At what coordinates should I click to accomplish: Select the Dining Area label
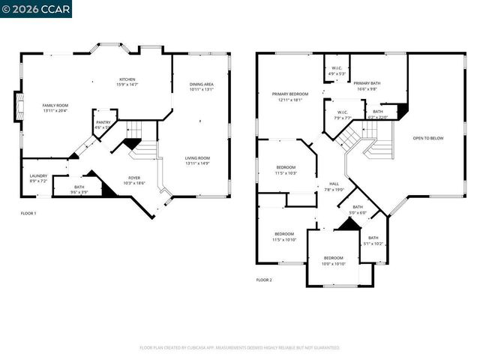pyautogui.click(x=201, y=86)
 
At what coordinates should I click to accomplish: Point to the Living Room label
pyautogui.click(x=199, y=160)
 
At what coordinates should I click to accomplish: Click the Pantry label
pyautogui.click(x=103, y=125)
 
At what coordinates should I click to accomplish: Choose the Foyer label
pyautogui.click(x=133, y=180)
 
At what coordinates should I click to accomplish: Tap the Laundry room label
pyautogui.click(x=38, y=179)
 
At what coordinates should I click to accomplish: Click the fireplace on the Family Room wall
pyautogui.click(x=17, y=107)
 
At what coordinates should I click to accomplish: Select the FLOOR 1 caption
pyautogui.click(x=28, y=214)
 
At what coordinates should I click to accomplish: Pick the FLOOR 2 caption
pyautogui.click(x=264, y=280)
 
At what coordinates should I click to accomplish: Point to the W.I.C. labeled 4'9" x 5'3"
pyautogui.click(x=337, y=71)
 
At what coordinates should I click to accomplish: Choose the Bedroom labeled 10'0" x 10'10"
pyautogui.click(x=333, y=260)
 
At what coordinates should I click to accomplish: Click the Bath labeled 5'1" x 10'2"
pyautogui.click(x=373, y=241)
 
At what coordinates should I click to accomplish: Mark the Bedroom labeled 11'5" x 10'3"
pyautogui.click(x=286, y=170)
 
